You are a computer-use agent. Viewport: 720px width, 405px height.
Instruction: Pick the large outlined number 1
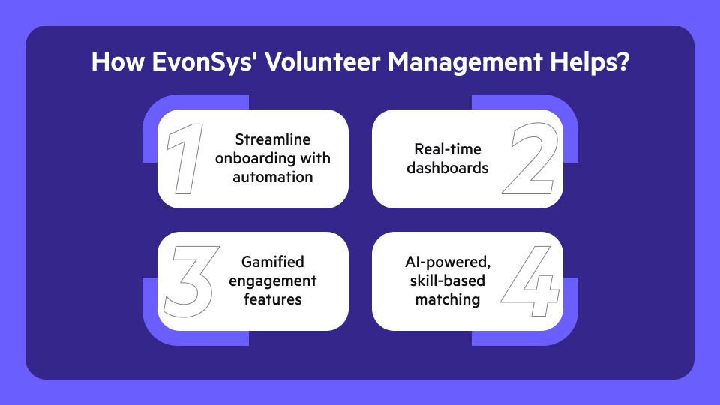[184, 159]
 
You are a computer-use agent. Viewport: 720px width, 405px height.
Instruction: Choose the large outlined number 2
[529, 159]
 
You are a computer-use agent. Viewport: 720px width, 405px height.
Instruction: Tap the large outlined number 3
[191, 281]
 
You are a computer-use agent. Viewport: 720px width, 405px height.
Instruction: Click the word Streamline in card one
[273, 140]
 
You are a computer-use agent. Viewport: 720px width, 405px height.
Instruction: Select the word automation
[273, 177]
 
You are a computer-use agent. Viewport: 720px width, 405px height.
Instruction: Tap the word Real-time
[448, 149]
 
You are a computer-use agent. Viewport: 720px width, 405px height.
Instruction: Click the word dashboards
[448, 168]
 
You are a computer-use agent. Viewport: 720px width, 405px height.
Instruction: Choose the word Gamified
[272, 262]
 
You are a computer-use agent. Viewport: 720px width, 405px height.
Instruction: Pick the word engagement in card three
[272, 281]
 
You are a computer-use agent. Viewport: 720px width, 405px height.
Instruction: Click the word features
[272, 299]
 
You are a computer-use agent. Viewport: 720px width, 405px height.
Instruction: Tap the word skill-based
[448, 281]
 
